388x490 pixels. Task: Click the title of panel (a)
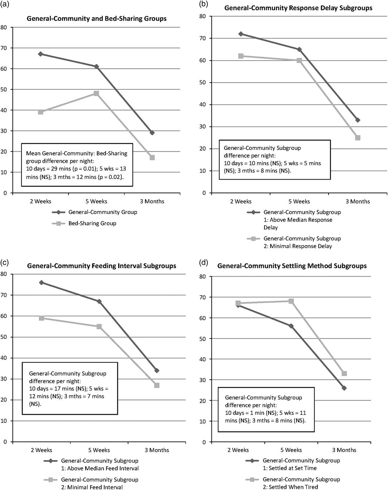[x=97, y=18]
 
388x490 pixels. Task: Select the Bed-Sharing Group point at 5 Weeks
[x=96, y=93]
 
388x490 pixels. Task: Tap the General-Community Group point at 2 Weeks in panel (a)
[x=41, y=54]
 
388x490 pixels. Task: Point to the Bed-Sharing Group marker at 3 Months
[x=152, y=158]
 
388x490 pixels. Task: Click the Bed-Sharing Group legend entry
[x=92, y=223]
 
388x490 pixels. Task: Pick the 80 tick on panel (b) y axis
[x=202, y=16]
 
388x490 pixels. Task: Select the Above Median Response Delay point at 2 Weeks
[x=241, y=34]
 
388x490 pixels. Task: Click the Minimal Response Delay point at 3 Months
[x=358, y=138]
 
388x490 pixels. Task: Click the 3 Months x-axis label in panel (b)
[x=358, y=201]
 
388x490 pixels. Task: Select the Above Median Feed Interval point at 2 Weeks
[x=41, y=283]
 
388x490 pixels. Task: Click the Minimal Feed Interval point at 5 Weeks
[x=99, y=326]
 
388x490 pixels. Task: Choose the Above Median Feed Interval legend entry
[x=99, y=464]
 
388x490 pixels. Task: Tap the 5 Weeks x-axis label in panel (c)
[x=99, y=450]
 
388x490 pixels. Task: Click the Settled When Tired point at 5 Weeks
[x=291, y=301]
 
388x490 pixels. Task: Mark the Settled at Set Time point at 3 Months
[x=344, y=388]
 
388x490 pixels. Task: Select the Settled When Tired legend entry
[x=301, y=483]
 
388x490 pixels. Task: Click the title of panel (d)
[x=292, y=266]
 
